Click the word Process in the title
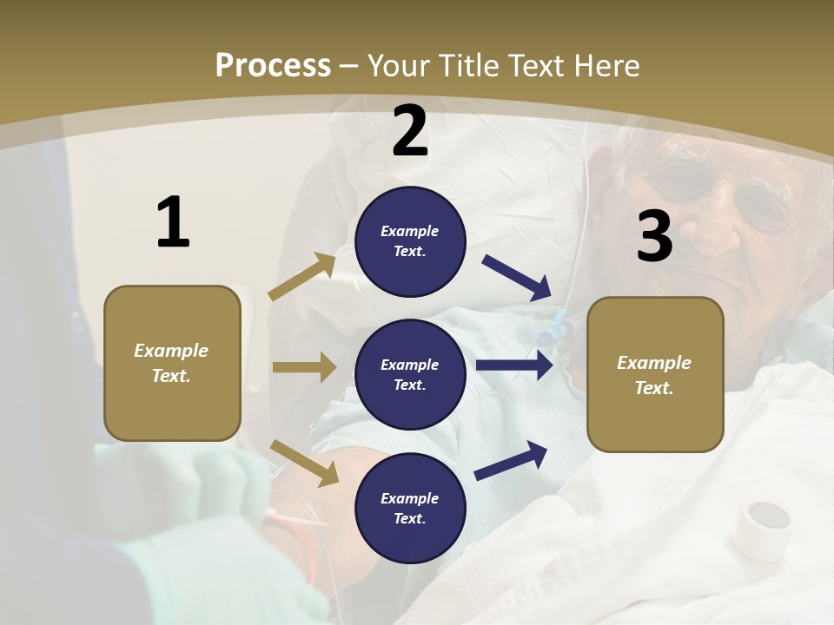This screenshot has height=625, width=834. [273, 65]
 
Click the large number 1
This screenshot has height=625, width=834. [173, 222]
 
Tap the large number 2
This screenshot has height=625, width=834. [409, 131]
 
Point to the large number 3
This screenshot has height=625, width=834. [654, 236]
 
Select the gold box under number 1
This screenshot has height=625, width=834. [172, 363]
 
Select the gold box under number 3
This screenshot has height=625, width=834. [655, 374]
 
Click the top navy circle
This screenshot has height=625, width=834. [410, 241]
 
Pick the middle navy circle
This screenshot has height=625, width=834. [410, 374]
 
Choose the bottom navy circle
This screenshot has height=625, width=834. [410, 508]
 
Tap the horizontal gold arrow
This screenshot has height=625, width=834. [304, 367]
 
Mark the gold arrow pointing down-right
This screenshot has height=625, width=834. [305, 463]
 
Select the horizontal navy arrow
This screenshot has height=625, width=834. [514, 365]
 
